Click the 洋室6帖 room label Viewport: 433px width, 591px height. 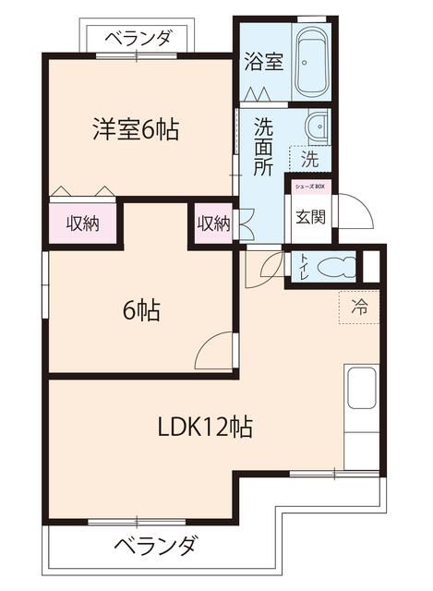(135, 129)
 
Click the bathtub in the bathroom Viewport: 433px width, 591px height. (312, 62)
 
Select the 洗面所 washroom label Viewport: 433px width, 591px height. (263, 148)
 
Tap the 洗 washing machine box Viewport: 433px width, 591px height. (310, 159)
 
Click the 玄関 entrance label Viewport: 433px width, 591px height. (307, 218)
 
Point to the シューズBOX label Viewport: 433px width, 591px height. (309, 187)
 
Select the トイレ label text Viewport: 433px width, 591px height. (302, 267)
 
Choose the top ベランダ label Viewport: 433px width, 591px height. (138, 38)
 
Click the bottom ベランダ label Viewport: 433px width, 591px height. (154, 546)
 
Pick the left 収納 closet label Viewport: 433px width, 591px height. (84, 223)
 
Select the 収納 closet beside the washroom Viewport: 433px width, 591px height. (213, 223)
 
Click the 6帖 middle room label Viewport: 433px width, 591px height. (141, 310)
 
